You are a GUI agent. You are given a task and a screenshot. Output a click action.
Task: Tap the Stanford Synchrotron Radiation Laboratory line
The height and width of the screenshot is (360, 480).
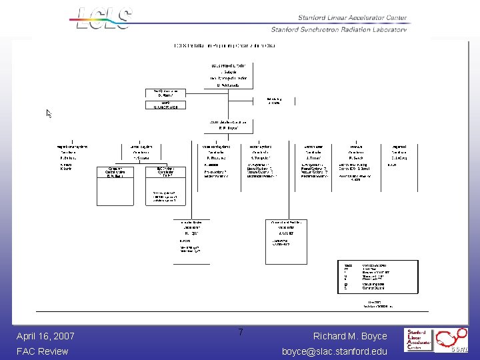click(341, 29)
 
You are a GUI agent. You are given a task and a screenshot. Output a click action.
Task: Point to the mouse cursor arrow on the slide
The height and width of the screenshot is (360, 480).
click(49, 113)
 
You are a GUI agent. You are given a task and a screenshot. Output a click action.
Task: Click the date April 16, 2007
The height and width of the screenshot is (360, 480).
click(45, 336)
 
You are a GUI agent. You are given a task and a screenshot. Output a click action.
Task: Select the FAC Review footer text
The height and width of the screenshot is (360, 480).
click(43, 351)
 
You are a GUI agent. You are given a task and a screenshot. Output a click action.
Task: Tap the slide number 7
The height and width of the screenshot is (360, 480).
click(241, 333)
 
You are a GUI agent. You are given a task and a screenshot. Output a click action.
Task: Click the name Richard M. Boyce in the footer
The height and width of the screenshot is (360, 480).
click(350, 336)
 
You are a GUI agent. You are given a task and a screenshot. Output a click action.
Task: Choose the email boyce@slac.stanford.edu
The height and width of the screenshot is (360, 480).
click(335, 351)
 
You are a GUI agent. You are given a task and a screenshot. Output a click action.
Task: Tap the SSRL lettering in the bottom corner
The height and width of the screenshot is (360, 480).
click(461, 348)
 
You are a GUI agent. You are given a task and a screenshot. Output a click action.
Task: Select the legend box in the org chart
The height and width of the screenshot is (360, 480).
click(380, 277)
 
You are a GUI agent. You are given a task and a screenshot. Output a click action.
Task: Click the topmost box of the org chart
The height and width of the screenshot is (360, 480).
click(228, 75)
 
